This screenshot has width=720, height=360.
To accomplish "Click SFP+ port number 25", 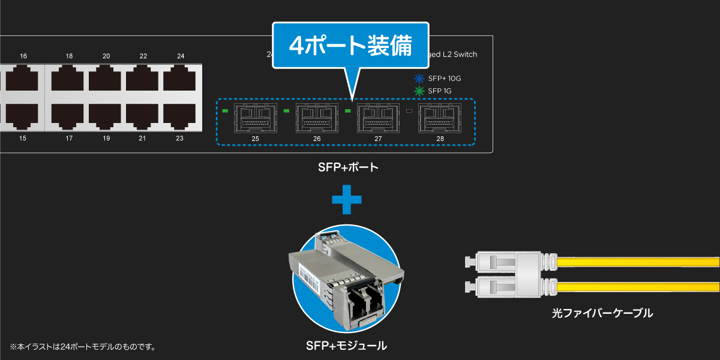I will tap(256, 118).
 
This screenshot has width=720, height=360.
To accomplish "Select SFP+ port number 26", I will tap(317, 118).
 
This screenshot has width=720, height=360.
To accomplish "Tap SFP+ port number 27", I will tap(378, 118).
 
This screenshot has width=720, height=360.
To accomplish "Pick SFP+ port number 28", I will tap(440, 118).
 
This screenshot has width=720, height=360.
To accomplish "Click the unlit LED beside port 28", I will tap(410, 111).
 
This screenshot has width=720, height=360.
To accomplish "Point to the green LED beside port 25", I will tap(226, 111).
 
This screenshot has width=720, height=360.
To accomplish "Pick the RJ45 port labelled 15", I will tap(23, 116).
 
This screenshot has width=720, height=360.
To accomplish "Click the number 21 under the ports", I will tap(143, 139).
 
